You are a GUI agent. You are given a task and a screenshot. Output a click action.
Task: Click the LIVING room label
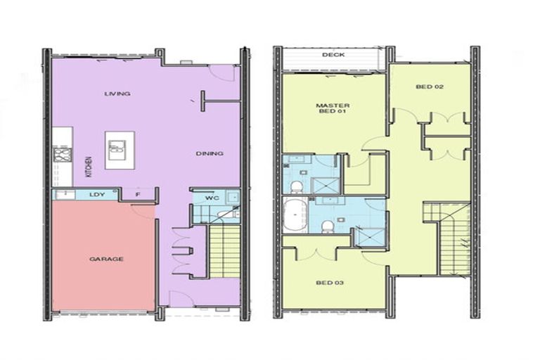click(x=117, y=94)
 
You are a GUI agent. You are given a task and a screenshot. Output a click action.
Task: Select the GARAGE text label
click(x=106, y=259)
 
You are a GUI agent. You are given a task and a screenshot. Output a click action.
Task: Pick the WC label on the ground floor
click(x=211, y=198)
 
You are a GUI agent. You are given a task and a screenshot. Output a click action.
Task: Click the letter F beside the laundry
click(x=138, y=195)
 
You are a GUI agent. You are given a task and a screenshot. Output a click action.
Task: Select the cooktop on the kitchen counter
click(x=62, y=155)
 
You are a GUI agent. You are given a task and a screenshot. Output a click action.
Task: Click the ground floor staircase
click(x=225, y=250)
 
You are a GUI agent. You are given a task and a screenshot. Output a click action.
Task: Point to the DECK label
click(x=333, y=55)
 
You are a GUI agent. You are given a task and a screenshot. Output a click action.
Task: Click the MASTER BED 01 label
click(x=333, y=110)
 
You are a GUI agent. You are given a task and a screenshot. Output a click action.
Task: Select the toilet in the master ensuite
click(x=297, y=186)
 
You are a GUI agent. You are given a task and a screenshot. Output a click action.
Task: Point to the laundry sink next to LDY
click(x=64, y=195)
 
